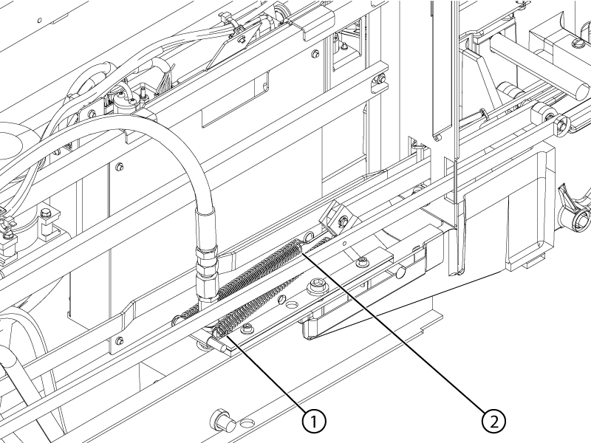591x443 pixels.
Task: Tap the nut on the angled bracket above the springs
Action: (x=343, y=221)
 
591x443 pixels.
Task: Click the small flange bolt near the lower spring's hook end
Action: (x=248, y=328)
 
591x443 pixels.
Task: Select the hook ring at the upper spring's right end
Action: (x=309, y=237)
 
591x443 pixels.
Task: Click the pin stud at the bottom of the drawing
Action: (x=223, y=419)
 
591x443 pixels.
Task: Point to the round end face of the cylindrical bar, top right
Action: (x=580, y=91)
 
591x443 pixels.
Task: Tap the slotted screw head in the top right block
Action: (x=576, y=42)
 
